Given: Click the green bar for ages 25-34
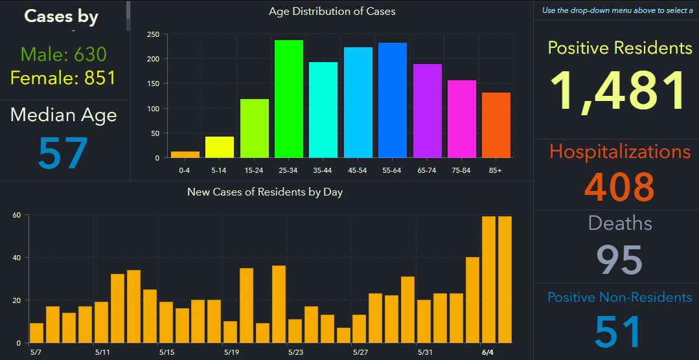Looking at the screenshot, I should coord(289,99).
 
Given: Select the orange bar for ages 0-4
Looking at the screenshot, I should coord(185,155).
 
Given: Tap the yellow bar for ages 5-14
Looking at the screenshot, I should coord(220,147).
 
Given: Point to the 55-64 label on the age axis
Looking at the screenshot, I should coord(393,170).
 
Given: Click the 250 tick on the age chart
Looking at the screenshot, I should coord(153,35).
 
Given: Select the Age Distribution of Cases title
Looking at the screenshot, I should coord(332,11).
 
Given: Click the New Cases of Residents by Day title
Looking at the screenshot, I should coord(265,192).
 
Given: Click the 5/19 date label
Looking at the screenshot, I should coord(232,352).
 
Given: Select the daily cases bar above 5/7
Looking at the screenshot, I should coord(37,333).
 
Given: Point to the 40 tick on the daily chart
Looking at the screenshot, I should coord(17,258).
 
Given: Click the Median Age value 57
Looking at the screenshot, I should coord(63,153).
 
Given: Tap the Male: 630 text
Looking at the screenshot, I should coord(63,54).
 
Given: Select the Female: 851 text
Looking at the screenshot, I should coord(63,78).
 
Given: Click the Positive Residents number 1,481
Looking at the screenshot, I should coord(619,91).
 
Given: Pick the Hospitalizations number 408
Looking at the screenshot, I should coord(619,186).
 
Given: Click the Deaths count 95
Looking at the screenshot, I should coord(619,260).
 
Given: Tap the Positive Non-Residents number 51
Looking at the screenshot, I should coord(618,331).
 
